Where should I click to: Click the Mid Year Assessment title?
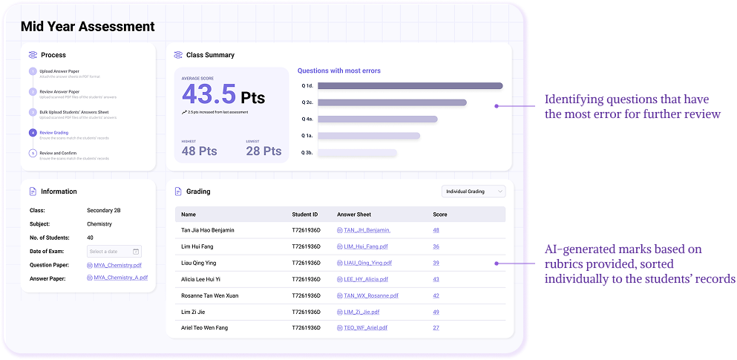click(88, 27)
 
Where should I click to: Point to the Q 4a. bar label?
click(307, 120)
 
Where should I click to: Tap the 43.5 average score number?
click(209, 94)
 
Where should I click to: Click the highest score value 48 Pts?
click(199, 151)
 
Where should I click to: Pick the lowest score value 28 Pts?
click(263, 151)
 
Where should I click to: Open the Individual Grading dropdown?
click(473, 192)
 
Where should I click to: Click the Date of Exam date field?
click(114, 252)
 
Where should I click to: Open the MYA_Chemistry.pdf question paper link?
click(117, 265)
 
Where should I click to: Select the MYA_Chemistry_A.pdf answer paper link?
click(120, 278)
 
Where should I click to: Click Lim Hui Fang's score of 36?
click(436, 246)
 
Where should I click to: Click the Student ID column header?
click(305, 215)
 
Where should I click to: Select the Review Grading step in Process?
click(53, 133)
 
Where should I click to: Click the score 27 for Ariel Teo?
click(436, 327)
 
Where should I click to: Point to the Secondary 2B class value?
click(104, 211)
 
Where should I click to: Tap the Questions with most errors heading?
click(338, 71)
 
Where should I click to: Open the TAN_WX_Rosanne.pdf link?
click(371, 295)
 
